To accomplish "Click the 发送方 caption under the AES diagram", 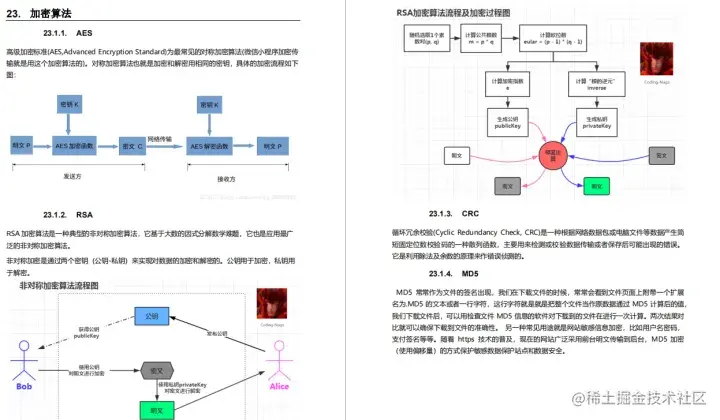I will point(71,175).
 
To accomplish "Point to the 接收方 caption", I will point(228,178).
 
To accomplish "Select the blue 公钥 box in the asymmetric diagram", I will point(152,315).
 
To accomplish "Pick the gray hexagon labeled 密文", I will point(152,367).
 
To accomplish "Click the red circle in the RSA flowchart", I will point(547,153).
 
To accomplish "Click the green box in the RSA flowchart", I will point(596,185).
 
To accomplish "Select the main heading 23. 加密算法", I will point(41,13).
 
